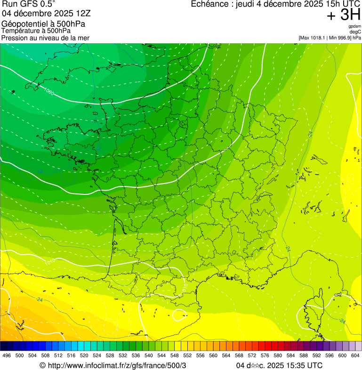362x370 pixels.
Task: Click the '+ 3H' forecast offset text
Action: (343, 16)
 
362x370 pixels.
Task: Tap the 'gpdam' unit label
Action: (354, 27)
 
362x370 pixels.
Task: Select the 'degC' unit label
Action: (355, 32)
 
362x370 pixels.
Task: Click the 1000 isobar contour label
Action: (48, 90)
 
